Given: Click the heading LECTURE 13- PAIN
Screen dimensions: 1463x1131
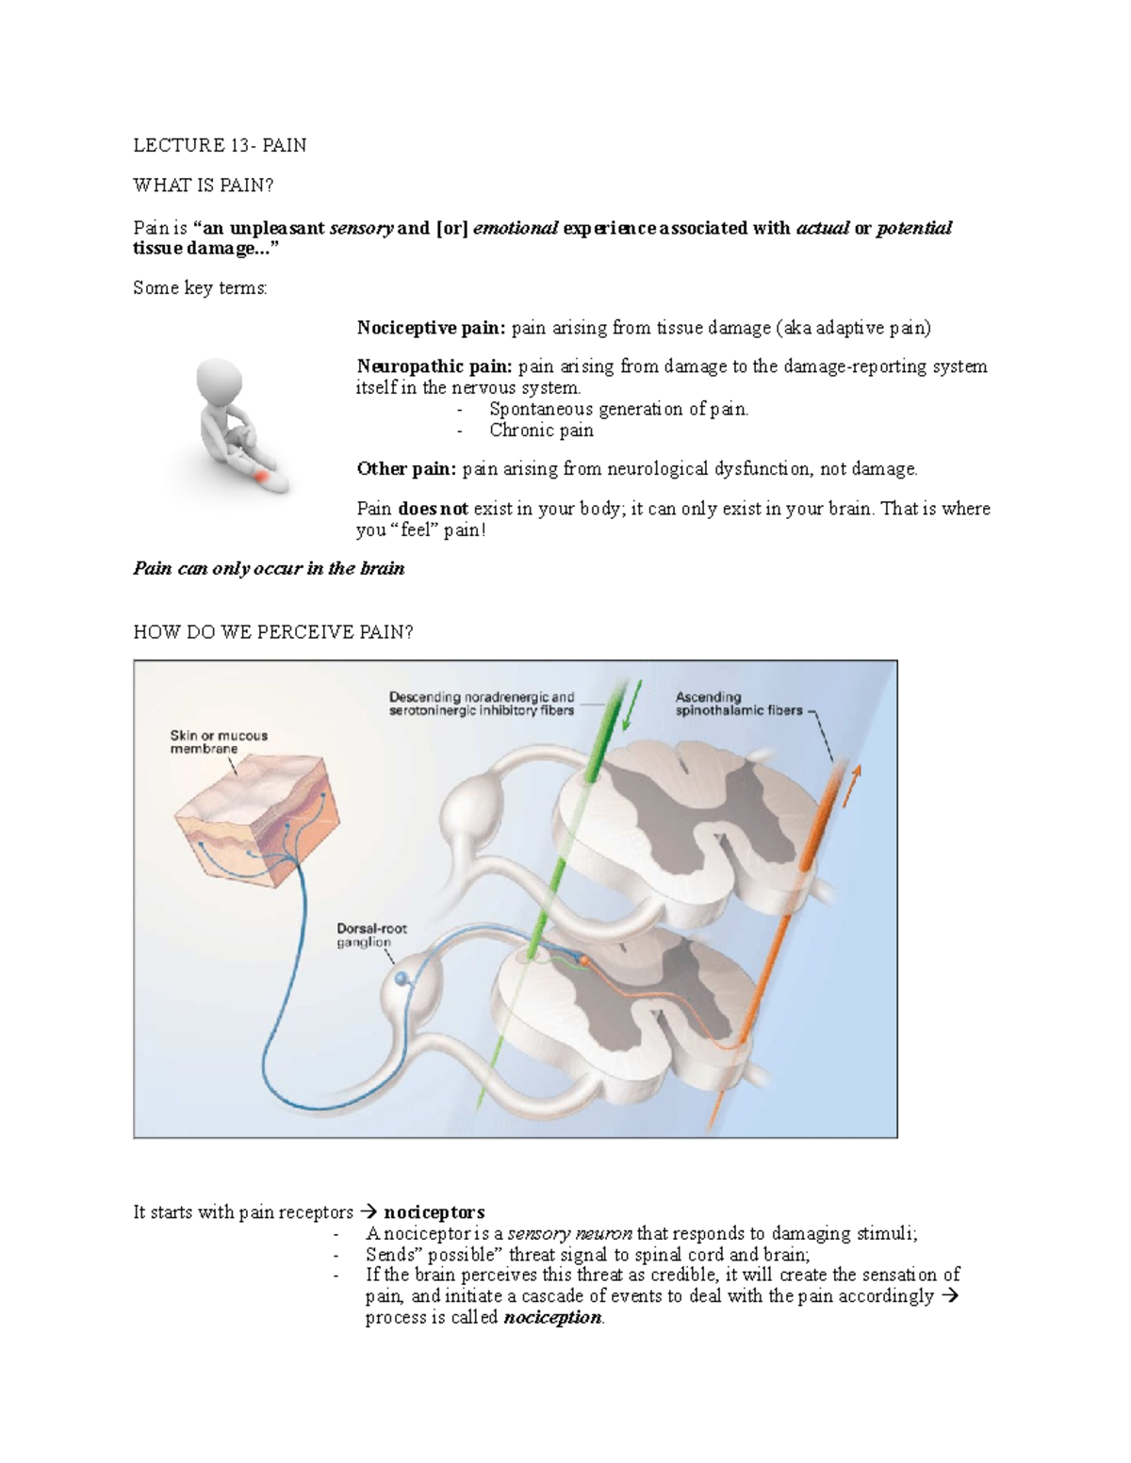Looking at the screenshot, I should coord(220,145).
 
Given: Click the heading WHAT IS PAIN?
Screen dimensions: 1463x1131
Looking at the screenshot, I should coord(204,185).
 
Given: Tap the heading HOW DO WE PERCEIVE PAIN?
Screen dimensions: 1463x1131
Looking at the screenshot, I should coord(273,632).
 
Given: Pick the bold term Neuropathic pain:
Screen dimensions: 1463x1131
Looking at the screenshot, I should coord(434,366).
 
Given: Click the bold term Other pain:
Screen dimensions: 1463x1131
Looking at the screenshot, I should coord(406,469).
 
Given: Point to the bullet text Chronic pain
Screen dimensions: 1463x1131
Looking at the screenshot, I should coord(541,431).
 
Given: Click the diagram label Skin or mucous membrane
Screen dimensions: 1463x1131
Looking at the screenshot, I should coord(219,742).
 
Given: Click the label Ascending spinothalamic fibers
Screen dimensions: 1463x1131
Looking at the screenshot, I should coord(738,704).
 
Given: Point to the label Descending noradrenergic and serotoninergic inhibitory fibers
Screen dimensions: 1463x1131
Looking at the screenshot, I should coord(482,704).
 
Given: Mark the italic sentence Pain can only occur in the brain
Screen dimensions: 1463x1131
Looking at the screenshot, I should coord(269,568).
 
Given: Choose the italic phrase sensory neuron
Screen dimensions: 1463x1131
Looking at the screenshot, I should coord(570,1233).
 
